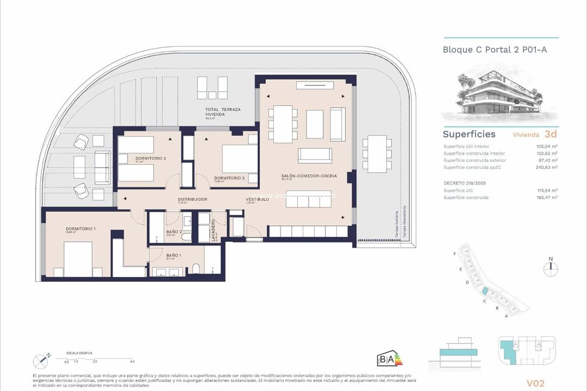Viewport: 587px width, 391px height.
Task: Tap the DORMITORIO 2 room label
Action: pos(229,178)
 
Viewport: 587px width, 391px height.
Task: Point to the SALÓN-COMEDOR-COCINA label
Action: pos(309,176)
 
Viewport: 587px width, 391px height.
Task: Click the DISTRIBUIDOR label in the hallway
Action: pos(192,199)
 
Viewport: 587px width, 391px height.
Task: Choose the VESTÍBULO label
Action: pos(257,199)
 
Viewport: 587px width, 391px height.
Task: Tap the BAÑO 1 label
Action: pos(174,255)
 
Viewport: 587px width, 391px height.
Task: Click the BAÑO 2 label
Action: pos(174,232)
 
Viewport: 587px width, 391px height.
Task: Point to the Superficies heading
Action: pos(469,134)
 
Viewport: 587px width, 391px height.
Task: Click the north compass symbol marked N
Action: pos(551,267)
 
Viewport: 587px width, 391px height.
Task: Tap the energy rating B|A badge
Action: pos(389,360)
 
